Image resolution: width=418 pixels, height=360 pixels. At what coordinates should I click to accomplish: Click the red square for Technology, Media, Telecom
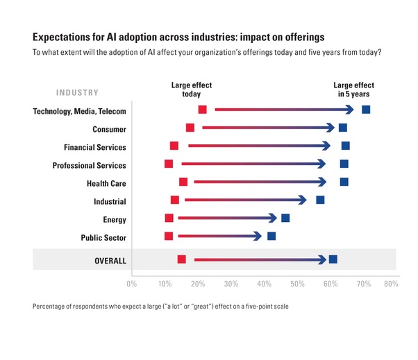202,110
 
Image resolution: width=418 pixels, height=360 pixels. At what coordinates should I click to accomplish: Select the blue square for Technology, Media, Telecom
366,110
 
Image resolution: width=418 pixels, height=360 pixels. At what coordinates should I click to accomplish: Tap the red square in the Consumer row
190,128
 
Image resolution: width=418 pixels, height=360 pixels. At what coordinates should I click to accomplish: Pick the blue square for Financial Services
346,146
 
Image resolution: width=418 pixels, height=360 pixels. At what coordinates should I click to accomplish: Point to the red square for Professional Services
169,164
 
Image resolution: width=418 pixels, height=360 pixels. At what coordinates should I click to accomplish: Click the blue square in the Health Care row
344,182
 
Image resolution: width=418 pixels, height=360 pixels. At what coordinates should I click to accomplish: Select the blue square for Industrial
320,200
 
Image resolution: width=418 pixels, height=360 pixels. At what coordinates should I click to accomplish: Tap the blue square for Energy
285,218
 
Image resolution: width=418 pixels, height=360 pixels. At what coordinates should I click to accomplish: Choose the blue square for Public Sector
271,236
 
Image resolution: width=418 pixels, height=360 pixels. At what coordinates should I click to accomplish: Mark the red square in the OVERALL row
182,259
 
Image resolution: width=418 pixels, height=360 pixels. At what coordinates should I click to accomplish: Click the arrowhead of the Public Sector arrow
258,236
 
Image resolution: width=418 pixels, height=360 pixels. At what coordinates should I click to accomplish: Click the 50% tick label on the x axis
297,284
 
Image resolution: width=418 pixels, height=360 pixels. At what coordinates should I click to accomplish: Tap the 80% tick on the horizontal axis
390,284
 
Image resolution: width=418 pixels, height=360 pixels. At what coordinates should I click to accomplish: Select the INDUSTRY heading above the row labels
77,92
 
